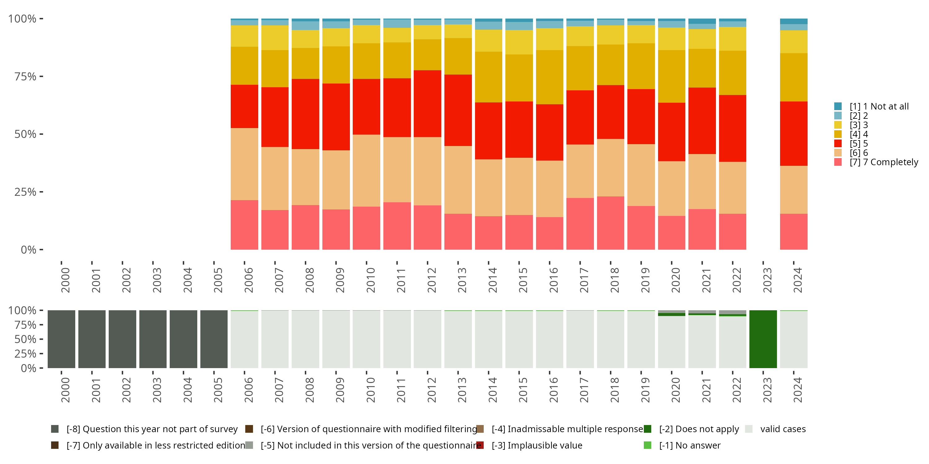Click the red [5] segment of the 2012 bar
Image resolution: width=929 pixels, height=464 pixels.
tap(427, 104)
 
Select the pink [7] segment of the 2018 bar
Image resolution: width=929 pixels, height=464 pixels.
tap(611, 223)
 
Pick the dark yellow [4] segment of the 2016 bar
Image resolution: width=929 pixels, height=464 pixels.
tap(550, 77)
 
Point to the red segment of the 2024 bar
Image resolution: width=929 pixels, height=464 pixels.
tap(794, 134)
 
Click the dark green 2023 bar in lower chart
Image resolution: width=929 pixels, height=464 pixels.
tap(763, 339)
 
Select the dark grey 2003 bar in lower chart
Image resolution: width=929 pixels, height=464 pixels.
tap(153, 339)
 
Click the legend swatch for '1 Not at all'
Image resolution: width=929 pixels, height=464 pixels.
tap(838, 106)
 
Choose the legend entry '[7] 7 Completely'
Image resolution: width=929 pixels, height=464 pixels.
tap(883, 162)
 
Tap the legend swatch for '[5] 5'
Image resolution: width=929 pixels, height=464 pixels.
tap(838, 144)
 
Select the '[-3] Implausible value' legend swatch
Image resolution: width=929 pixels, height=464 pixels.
tap(480, 445)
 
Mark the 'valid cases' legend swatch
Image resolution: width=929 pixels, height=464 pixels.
tap(749, 429)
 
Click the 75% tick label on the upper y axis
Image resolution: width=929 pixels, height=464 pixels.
tap(25, 76)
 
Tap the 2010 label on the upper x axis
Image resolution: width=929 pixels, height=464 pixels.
tap(371, 280)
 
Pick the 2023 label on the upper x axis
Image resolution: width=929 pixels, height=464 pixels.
tap(767, 280)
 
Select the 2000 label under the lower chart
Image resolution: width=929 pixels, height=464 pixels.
tap(65, 390)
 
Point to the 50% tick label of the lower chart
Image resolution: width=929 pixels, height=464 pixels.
tap(25, 339)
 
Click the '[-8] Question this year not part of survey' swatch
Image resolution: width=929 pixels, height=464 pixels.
tap(55, 429)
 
